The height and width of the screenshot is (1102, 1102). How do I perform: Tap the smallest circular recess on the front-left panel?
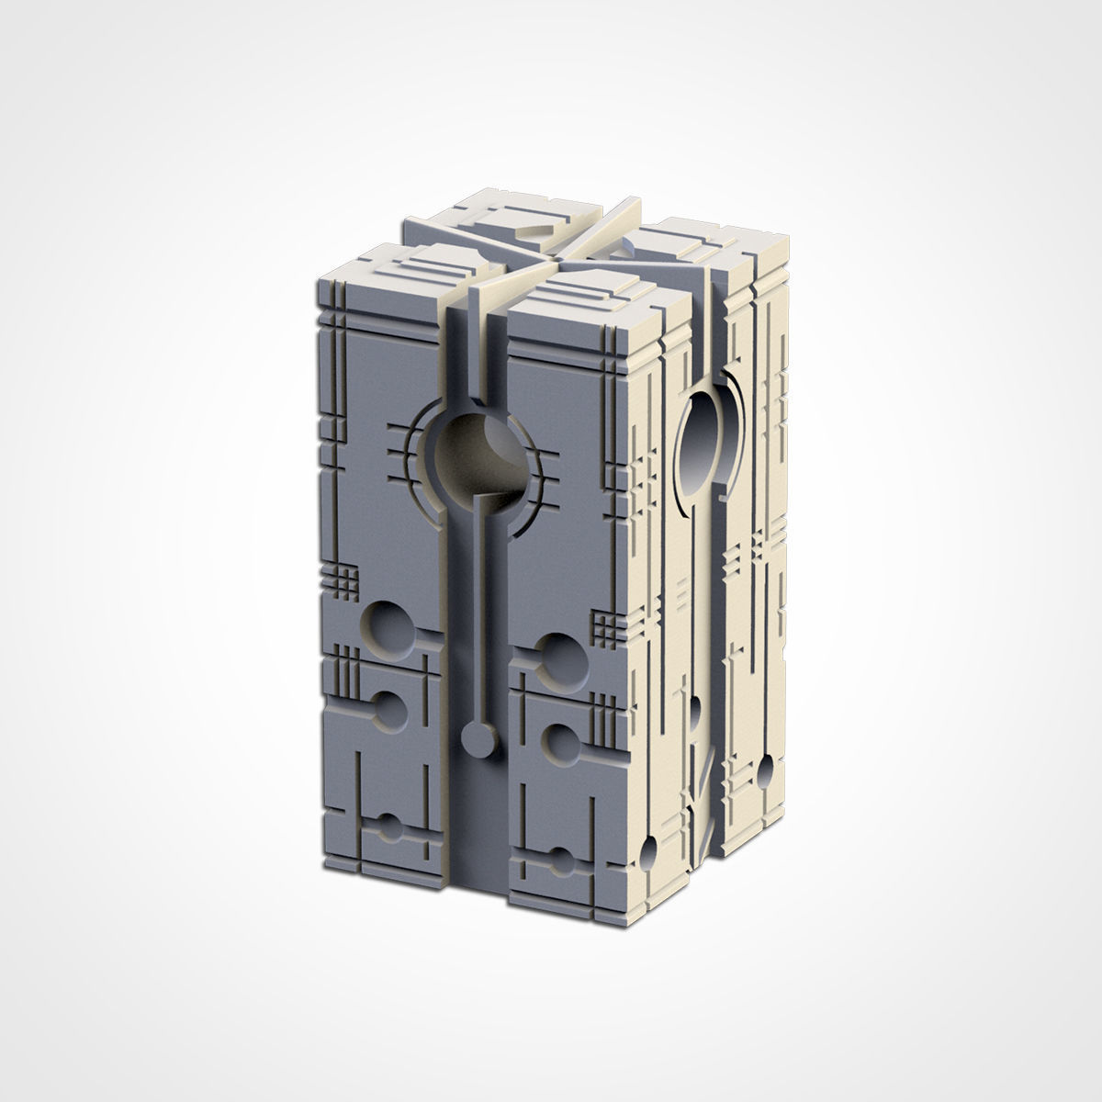(x=390, y=824)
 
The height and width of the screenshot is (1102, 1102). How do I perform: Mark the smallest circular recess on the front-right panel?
(x=560, y=862)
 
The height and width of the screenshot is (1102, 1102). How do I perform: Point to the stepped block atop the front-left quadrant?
(x=404, y=271)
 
